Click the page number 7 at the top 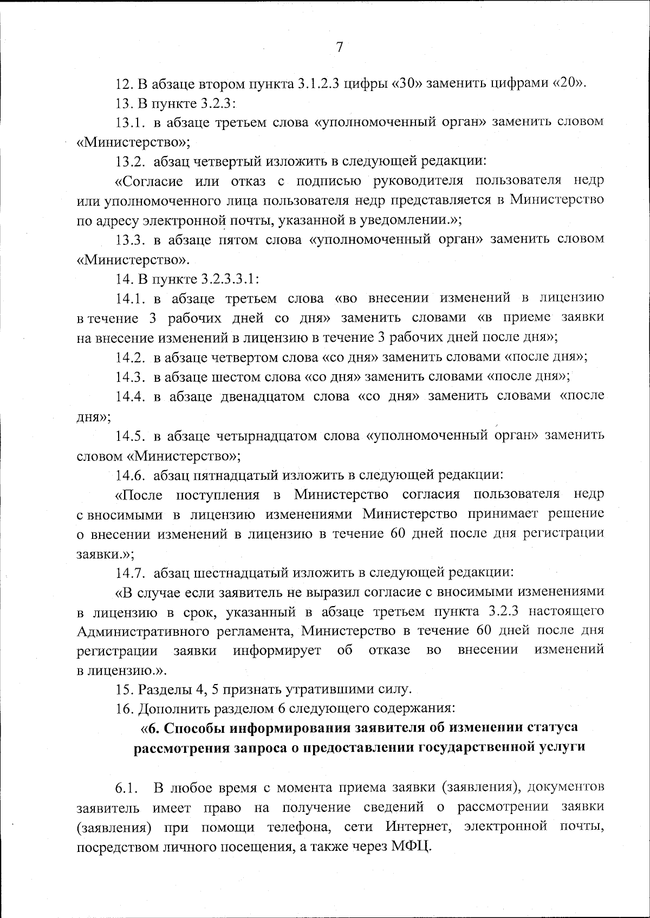click(x=340, y=47)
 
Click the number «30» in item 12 click(x=407, y=84)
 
